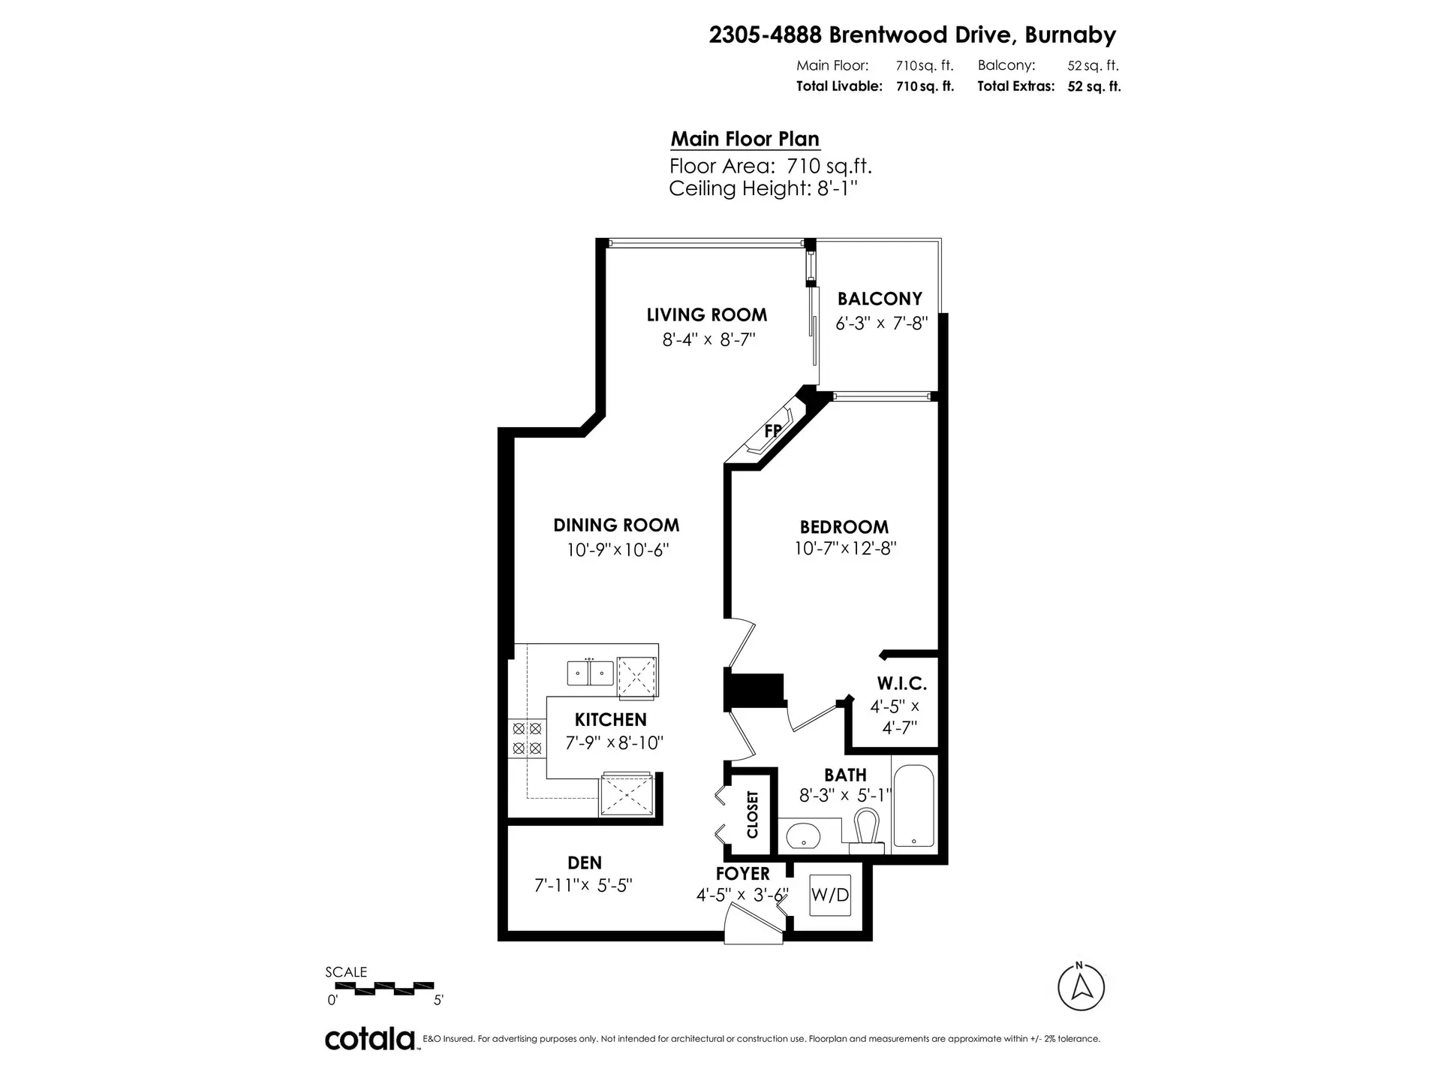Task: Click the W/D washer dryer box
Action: point(830,895)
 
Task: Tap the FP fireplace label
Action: point(772,431)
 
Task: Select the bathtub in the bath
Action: point(914,806)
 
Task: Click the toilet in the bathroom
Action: point(867,830)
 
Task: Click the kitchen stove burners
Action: point(526,738)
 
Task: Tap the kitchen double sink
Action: point(590,672)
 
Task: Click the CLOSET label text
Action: point(753,814)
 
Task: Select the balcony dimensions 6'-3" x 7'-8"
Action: point(881,324)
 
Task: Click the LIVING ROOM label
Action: point(706,315)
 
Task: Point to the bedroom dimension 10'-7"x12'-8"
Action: point(845,549)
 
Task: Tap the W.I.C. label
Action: point(901,683)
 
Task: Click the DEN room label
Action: point(585,863)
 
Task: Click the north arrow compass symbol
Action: point(1081,987)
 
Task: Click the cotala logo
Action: point(370,1040)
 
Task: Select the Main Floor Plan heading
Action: point(745,139)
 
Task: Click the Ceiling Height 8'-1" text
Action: point(763,188)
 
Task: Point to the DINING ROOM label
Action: point(616,525)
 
